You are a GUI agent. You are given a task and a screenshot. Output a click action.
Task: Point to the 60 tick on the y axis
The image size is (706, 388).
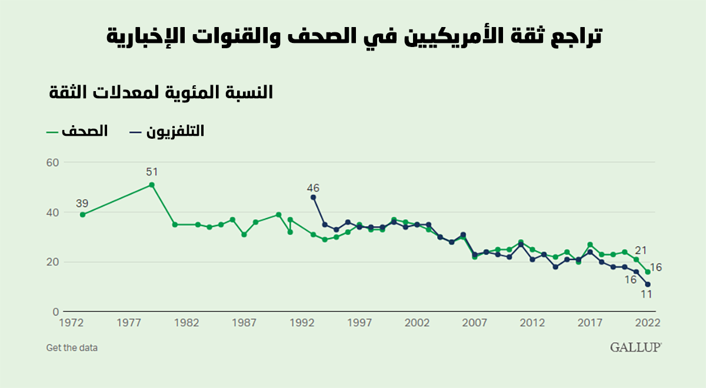[53, 162]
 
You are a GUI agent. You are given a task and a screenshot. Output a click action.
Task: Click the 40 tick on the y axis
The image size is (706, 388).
[53, 212]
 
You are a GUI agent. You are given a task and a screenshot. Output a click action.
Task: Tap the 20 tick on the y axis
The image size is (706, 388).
[53, 262]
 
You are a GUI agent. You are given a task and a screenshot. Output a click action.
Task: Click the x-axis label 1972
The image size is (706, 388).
[71, 323]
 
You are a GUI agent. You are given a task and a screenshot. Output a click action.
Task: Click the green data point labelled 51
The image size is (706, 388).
[152, 185]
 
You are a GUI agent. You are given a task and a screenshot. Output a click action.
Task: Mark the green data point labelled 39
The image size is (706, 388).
[82, 215]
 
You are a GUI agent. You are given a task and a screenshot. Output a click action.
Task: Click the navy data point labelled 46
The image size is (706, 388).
[313, 197]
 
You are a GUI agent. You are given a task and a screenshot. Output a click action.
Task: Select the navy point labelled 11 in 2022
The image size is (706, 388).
[648, 285]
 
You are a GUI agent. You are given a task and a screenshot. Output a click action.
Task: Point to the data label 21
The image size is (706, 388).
[641, 250]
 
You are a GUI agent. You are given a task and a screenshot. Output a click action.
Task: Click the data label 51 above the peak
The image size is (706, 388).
[152, 172]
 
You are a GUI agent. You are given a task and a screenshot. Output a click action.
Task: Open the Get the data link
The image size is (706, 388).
[72, 347]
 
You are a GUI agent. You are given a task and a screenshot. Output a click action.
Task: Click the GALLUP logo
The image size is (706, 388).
[635, 347]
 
